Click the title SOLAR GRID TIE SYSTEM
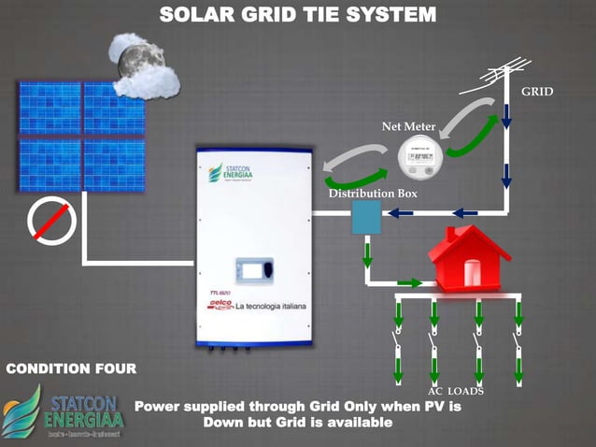point(297,15)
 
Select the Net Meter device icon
point(419,155)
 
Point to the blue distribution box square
point(362,218)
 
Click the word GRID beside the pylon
point(537,92)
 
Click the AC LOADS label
point(456,390)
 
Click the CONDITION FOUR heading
point(71,368)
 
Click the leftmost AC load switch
point(396,345)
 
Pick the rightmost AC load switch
point(519,345)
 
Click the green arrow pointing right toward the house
point(408,281)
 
